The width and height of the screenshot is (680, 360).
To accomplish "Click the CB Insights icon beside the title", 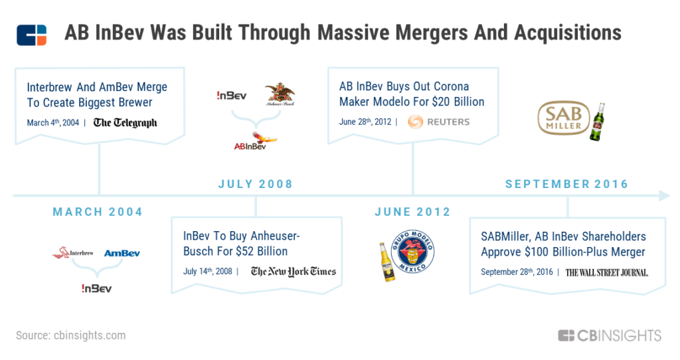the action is tap(32, 35).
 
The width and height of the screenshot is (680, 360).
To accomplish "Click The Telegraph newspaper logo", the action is tap(126, 123).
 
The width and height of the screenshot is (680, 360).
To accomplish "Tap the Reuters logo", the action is tap(438, 122).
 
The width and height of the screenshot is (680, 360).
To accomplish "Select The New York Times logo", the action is tap(293, 272).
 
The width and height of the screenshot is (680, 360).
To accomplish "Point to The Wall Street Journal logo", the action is tap(607, 272).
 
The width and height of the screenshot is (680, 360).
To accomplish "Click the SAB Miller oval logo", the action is tap(563, 118).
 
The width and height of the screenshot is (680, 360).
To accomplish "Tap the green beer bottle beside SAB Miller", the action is tap(598, 122).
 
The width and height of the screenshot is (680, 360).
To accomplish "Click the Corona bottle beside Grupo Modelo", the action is tap(386, 262).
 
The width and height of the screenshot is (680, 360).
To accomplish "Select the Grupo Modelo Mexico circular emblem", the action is tap(412, 252).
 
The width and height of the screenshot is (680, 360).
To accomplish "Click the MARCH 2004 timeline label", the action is tap(98, 212).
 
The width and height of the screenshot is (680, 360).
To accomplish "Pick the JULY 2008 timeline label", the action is tap(256, 185).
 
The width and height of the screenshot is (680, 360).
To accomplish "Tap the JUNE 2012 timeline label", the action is tap(412, 212).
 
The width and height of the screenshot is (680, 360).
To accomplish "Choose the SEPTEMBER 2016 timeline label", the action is tap(567, 185).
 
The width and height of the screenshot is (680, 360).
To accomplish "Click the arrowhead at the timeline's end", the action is tap(665, 196).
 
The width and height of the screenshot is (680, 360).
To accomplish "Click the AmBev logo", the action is tap(122, 253).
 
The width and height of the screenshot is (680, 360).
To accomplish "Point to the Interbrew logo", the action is tap(73, 253).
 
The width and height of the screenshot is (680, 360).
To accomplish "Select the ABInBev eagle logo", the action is tap(256, 141).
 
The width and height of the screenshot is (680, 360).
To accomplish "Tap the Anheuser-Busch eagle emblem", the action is tap(280, 94).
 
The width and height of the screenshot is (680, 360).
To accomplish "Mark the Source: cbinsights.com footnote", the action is tap(70, 335).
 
